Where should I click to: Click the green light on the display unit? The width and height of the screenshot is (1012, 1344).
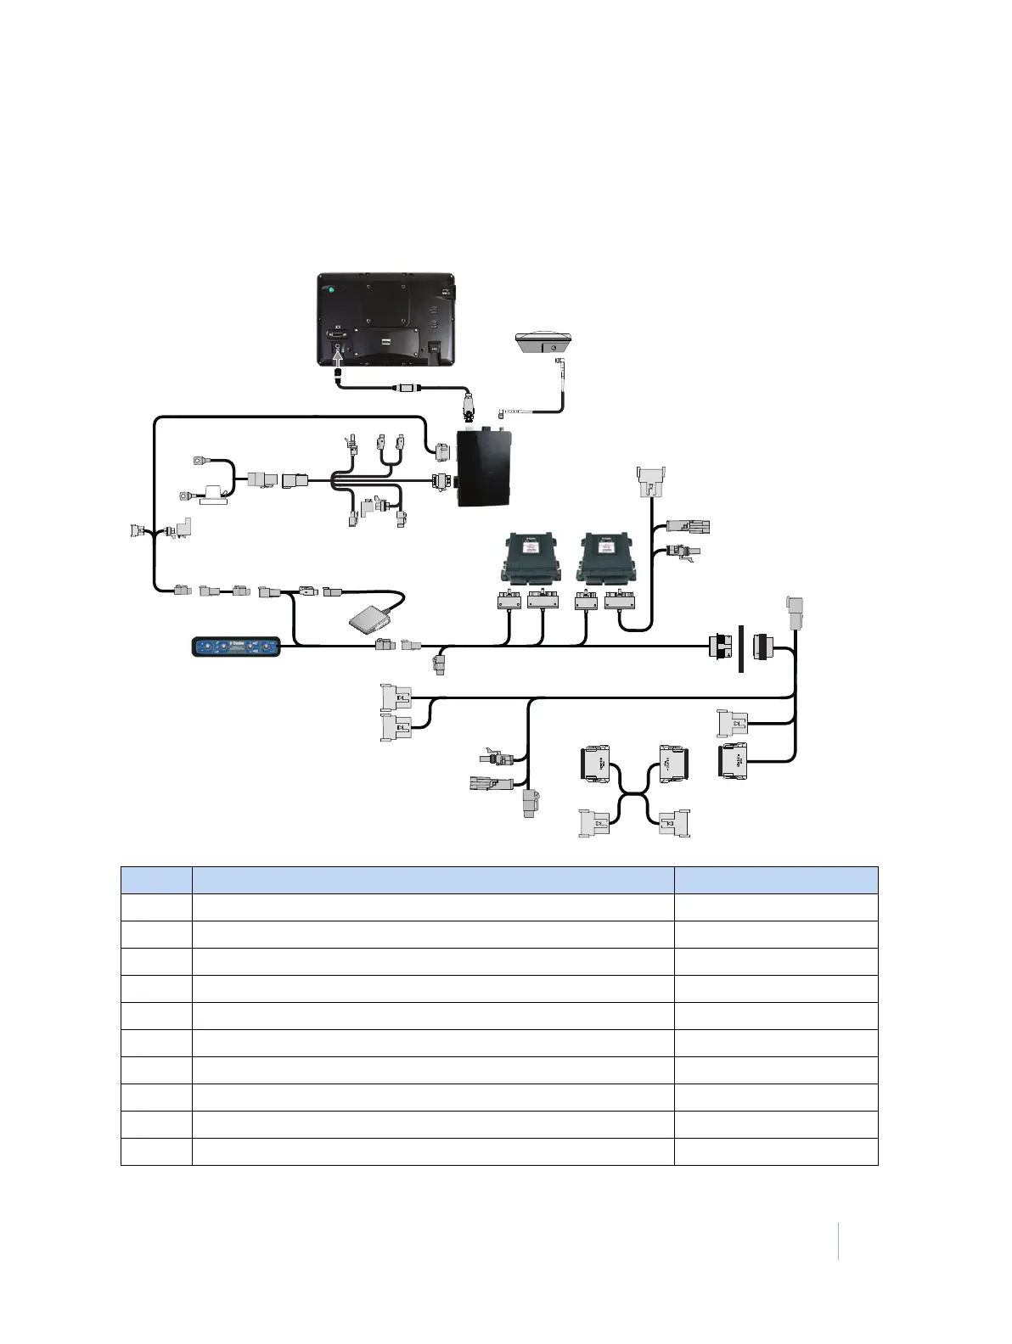click(x=331, y=291)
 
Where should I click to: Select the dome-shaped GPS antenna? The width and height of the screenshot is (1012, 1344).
click(x=543, y=343)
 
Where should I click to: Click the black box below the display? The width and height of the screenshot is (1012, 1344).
click(x=485, y=468)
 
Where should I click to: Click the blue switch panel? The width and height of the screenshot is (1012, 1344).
click(x=237, y=647)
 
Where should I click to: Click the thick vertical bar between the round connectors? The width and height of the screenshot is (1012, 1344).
click(x=741, y=648)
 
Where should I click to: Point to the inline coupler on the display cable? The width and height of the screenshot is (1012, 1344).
click(x=407, y=388)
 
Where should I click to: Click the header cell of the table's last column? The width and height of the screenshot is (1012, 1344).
click(x=776, y=880)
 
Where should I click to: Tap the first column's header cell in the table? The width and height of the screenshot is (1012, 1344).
click(x=156, y=880)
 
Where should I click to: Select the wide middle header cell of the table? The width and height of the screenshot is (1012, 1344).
click(x=433, y=880)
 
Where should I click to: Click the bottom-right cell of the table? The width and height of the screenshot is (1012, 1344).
click(x=776, y=1151)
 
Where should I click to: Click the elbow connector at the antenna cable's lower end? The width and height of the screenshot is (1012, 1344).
click(x=503, y=413)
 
